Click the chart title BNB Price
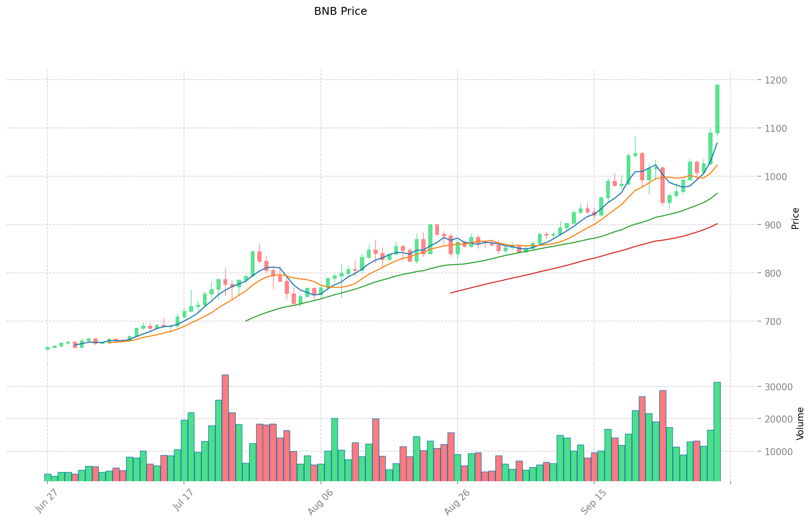(340, 11)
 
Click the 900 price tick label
(772, 225)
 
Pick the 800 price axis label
(772, 273)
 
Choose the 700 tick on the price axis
(772, 322)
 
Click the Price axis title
(795, 218)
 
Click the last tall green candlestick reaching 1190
(717, 109)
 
